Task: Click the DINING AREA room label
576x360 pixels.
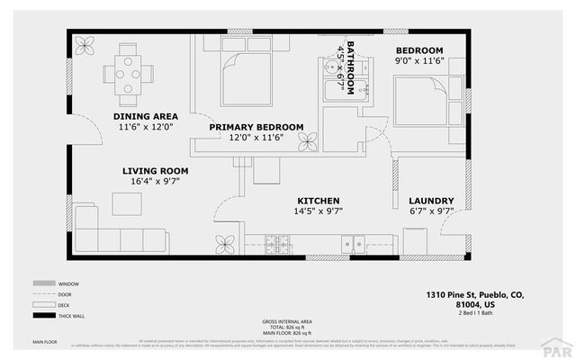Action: point(145,116)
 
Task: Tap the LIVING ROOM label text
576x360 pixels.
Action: point(155,170)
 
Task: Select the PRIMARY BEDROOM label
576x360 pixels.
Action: point(256,127)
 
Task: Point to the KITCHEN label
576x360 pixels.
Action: point(319,200)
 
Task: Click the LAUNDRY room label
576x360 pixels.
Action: point(431,201)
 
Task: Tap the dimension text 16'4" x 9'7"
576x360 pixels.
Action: point(155,182)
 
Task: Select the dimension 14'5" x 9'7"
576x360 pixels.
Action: point(319,211)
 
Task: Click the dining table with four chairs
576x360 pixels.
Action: point(130,69)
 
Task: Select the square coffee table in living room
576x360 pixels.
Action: point(126,203)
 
